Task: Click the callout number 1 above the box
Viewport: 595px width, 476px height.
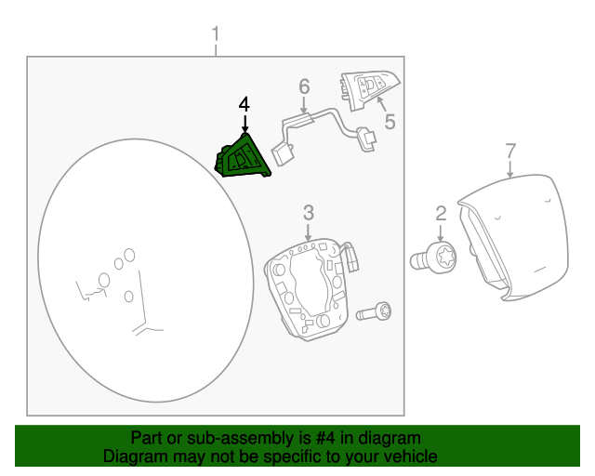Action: coord(216,34)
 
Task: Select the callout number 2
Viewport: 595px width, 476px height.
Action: coord(441,214)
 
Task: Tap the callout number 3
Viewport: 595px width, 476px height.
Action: coord(309,213)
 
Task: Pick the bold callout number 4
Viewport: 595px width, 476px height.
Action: coord(245,104)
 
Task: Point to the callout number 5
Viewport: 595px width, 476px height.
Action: coord(390,122)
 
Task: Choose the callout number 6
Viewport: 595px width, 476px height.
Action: coord(304,86)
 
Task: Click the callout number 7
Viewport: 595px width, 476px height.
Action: coord(510,152)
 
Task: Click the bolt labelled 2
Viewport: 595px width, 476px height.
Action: coord(434,258)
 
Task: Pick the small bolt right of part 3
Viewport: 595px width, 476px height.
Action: coord(374,312)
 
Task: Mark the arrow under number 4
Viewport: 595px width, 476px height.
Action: coord(245,125)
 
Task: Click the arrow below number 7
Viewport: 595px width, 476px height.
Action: coord(510,169)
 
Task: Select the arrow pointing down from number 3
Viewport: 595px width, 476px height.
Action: coord(308,232)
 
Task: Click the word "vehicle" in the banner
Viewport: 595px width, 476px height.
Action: coord(412,456)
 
